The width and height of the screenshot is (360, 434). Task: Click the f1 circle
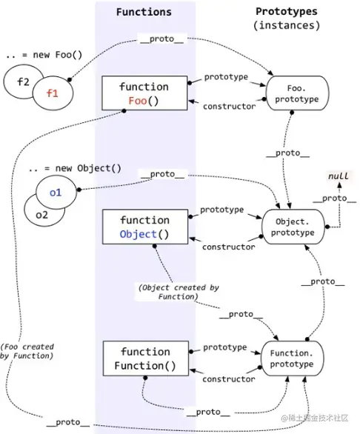pyautogui.click(x=53, y=93)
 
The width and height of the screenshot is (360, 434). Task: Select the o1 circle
pyautogui.click(x=56, y=193)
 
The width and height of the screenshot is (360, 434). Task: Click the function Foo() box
pyautogui.click(x=144, y=93)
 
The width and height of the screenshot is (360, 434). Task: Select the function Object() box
pyautogui.click(x=145, y=227)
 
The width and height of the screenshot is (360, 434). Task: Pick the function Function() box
pyautogui.click(x=146, y=358)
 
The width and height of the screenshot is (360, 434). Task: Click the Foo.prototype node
pyautogui.click(x=297, y=93)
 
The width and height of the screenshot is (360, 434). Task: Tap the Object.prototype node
pyautogui.click(x=293, y=227)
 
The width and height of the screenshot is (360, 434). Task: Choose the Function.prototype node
pyautogui.click(x=292, y=358)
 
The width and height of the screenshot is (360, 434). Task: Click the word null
pyautogui.click(x=338, y=176)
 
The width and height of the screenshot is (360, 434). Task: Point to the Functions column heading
pyautogui.click(x=144, y=12)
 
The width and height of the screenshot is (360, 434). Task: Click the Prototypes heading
pyautogui.click(x=287, y=11)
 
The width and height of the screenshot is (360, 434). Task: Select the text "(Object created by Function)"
pyautogui.click(x=179, y=292)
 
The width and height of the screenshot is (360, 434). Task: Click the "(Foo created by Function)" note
pyautogui.click(x=27, y=351)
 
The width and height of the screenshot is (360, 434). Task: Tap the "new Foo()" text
pyautogui.click(x=58, y=55)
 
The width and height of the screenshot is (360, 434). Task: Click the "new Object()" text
pyautogui.click(x=88, y=168)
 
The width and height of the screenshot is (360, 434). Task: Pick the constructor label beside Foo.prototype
pyautogui.click(x=229, y=107)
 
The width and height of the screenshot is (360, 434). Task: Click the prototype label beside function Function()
pyautogui.click(x=225, y=347)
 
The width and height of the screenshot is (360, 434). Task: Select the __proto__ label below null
pyautogui.click(x=335, y=198)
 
